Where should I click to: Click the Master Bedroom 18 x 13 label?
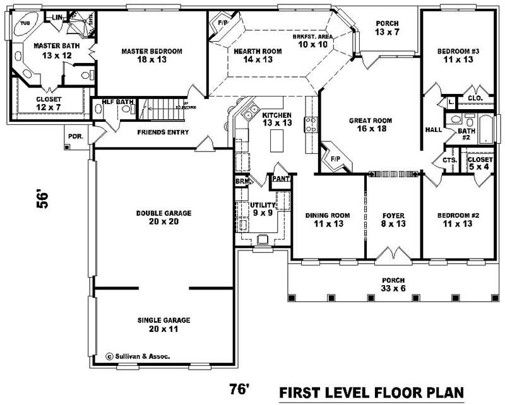pyautogui.click(x=152, y=56)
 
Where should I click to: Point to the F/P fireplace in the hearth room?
pyautogui.click(x=222, y=24)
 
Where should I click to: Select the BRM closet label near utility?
pyautogui.click(x=242, y=180)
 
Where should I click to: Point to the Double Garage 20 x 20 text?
pyautogui.click(x=163, y=217)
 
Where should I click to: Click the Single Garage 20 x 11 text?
pyautogui.click(x=163, y=324)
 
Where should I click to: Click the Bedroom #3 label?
pyautogui.click(x=458, y=56)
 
